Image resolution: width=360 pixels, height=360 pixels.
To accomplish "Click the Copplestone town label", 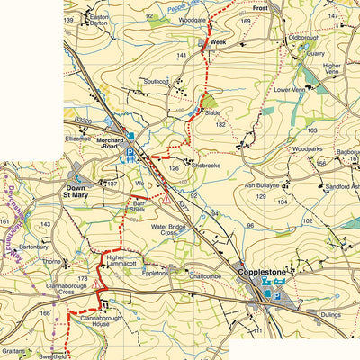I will click(x=265, y=269).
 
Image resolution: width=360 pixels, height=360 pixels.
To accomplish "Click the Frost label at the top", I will click(x=261, y=7).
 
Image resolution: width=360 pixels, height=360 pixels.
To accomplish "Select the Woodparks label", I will click(x=307, y=148).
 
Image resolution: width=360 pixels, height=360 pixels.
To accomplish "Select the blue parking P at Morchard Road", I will click(x=131, y=154).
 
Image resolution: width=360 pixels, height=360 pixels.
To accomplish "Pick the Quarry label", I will click(x=314, y=53).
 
